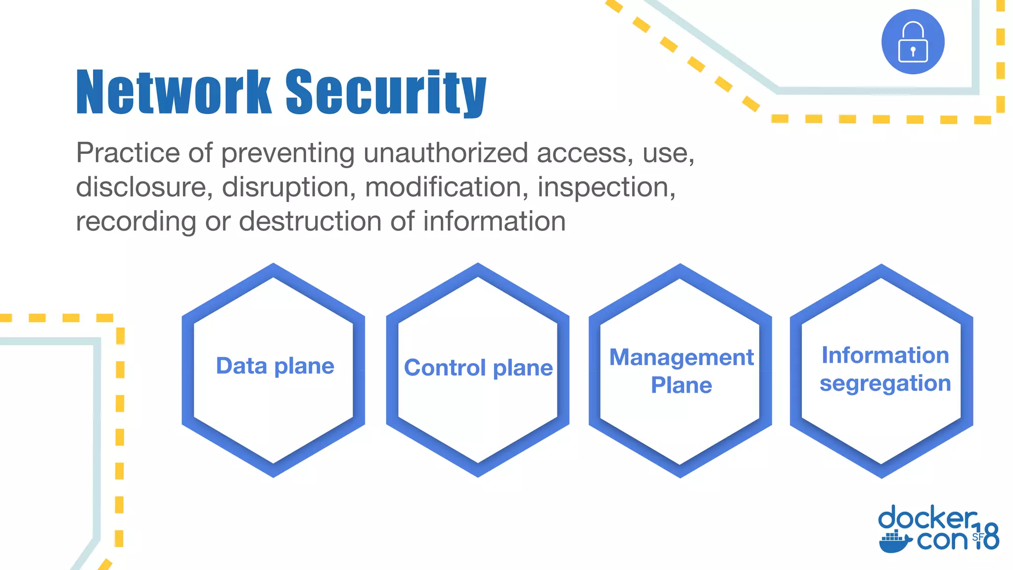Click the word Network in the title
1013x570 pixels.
point(174,93)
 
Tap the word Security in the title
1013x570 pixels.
point(386,93)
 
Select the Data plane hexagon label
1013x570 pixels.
point(275,366)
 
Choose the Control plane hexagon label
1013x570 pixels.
point(478,368)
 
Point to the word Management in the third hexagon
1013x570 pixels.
point(681,357)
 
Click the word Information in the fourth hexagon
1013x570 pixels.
point(885,355)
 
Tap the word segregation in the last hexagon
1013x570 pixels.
point(885,383)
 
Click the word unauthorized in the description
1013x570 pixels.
point(445,153)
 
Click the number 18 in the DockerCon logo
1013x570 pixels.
point(987,536)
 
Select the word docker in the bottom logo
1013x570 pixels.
point(927,519)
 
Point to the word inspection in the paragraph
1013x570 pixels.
point(606,188)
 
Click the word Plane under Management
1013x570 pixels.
point(681,385)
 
